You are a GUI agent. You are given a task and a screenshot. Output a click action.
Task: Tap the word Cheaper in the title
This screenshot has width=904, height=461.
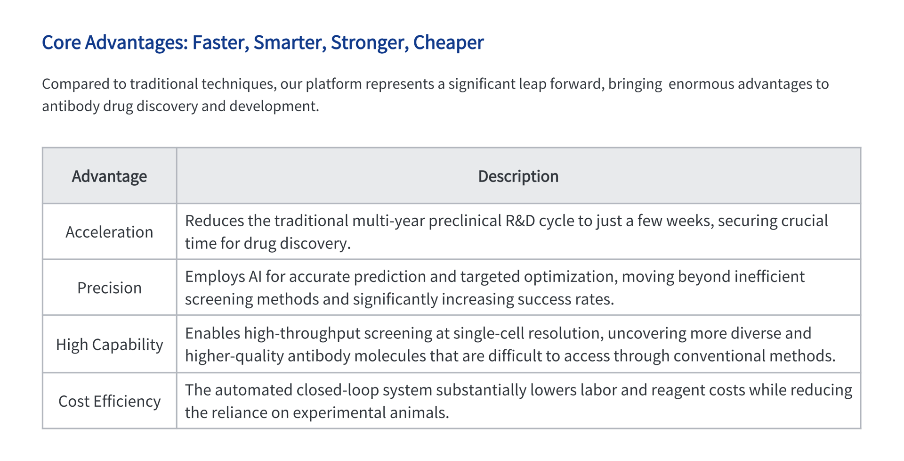coord(448,43)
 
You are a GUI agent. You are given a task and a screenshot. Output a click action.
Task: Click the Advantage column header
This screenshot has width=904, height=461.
coord(109,176)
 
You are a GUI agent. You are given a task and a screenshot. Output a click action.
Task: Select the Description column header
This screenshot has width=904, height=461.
coord(518,176)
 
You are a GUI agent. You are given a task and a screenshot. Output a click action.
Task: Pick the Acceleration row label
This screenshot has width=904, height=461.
coord(109,232)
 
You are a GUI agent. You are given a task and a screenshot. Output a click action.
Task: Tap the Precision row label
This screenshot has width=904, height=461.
coord(109,288)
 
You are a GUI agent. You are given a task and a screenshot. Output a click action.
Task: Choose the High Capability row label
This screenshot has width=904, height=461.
coord(110,345)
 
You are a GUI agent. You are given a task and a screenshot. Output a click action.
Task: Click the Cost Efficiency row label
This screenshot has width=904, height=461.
coord(110,401)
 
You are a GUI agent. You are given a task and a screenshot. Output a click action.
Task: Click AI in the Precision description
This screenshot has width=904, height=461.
coord(255,276)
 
